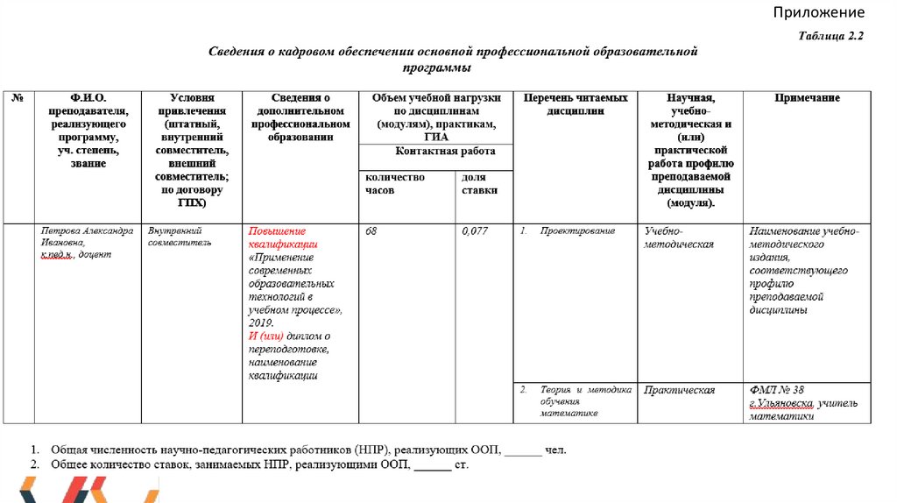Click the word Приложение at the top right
818,12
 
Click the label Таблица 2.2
831,36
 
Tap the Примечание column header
807,98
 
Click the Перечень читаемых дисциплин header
576,104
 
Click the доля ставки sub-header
479,183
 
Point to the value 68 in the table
371,231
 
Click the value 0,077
474,231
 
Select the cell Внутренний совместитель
180,237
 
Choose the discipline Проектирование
577,231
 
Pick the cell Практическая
679,390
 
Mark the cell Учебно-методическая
679,237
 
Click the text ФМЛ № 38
776,390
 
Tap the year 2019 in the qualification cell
260,323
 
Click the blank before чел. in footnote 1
523,450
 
